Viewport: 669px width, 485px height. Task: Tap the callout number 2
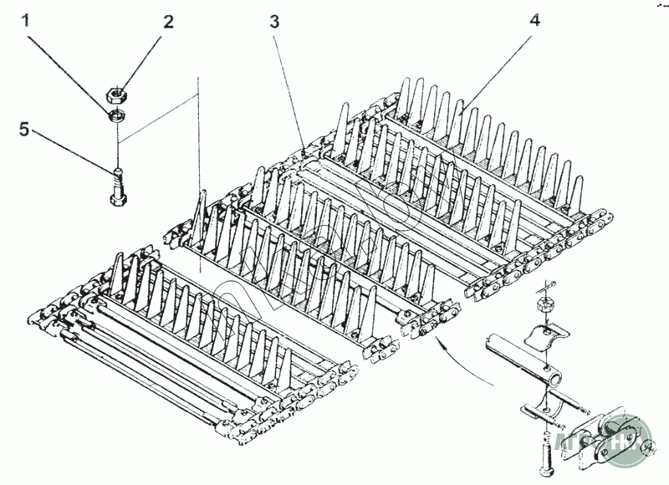(x=168, y=22)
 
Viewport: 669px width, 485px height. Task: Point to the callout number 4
(x=534, y=20)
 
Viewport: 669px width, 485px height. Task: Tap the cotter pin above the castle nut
(x=547, y=285)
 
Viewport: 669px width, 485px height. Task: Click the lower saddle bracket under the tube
(x=544, y=410)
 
